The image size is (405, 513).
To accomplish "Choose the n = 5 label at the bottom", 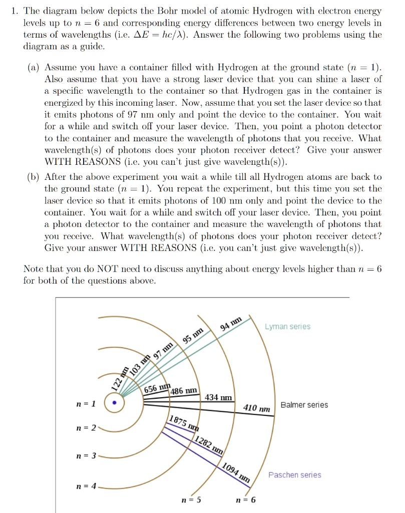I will coord(191,500).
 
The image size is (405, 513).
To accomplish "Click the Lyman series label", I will coord(287,327).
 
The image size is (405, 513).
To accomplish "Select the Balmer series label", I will coord(304,405).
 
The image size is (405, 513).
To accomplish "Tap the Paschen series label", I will coord(295,475).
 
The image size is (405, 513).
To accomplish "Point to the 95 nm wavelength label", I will coord(193,335).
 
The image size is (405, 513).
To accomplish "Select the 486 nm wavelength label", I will coord(184,391).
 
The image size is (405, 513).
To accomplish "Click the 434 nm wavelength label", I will coord(219,398).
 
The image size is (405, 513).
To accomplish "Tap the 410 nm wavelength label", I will coord(257,409).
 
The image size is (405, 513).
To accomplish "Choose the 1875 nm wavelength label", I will coord(184,423).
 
